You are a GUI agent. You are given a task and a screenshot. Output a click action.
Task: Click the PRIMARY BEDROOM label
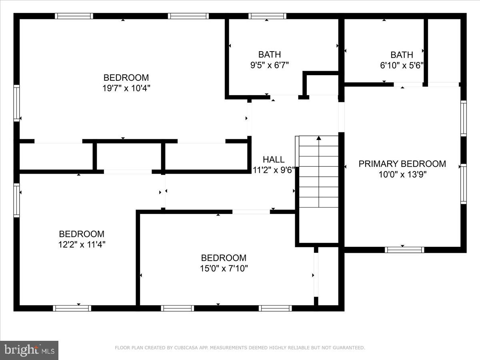(x=402, y=164)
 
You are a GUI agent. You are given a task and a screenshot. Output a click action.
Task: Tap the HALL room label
(x=274, y=159)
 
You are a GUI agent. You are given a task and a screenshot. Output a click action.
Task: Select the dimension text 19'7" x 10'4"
(x=126, y=88)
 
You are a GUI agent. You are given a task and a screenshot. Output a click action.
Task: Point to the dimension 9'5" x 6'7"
(x=269, y=65)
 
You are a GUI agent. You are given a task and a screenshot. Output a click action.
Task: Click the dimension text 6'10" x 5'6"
(x=402, y=65)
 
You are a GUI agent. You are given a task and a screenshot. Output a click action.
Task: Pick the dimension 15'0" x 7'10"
(x=224, y=268)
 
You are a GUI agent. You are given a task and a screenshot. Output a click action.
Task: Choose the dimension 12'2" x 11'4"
(x=82, y=244)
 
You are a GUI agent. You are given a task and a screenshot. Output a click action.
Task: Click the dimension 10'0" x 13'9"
(x=402, y=174)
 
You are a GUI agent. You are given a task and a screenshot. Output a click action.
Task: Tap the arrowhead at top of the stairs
(x=319, y=138)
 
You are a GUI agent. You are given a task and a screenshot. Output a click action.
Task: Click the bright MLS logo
(x=29, y=350)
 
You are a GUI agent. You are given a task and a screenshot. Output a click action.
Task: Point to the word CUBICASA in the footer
(x=185, y=348)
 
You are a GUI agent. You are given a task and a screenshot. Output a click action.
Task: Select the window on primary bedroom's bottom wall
(x=404, y=250)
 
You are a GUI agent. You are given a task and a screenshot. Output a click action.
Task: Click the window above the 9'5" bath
(x=267, y=16)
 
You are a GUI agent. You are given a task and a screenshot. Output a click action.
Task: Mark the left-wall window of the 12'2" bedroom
(x=16, y=200)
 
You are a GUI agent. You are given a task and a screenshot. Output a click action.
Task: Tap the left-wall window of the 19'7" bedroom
(x=16, y=103)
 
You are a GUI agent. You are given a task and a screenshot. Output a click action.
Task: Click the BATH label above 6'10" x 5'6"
(x=402, y=54)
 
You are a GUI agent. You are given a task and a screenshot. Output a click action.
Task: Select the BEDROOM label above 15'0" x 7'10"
(x=224, y=258)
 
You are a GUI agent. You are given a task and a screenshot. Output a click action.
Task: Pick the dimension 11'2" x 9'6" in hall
(x=274, y=169)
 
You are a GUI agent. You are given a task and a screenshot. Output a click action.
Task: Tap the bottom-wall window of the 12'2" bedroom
(x=72, y=308)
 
